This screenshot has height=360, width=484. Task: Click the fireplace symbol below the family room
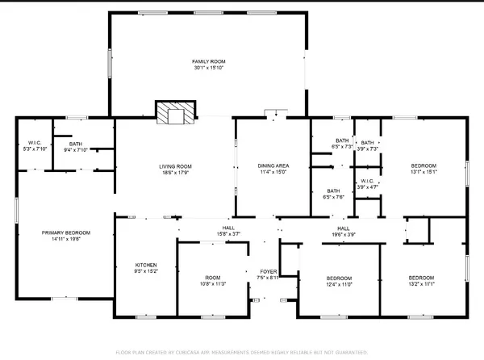[175, 114]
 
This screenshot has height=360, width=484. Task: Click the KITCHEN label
[146, 265]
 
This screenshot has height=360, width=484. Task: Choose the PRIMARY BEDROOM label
[66, 232]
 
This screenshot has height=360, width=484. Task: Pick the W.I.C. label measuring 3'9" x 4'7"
[366, 181]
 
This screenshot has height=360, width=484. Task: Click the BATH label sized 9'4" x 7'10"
[75, 143]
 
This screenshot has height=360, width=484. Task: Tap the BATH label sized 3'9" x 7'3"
[367, 143]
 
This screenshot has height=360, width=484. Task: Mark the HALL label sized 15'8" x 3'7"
[228, 228]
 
